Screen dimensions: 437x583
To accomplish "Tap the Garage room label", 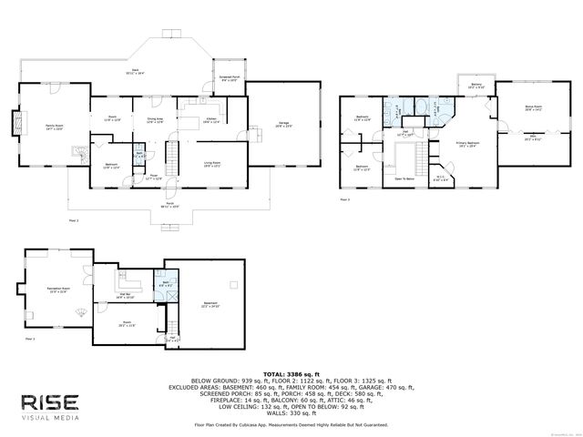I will [283, 126].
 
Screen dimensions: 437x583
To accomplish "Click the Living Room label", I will [211, 164].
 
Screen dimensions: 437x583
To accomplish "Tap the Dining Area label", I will [154, 119].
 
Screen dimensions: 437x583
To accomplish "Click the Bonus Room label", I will [534, 108].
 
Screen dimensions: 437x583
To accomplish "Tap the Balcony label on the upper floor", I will [476, 86].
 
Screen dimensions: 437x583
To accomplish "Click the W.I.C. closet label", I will [439, 178].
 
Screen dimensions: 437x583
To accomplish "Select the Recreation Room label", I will [57, 290].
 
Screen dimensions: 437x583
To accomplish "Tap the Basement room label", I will [209, 303].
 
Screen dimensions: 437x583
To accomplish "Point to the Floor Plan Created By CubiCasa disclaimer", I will [291, 424].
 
